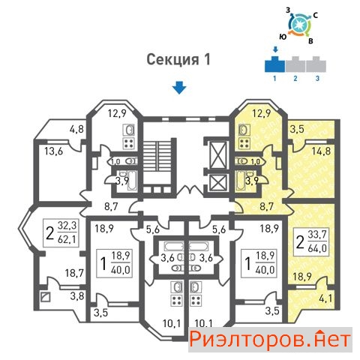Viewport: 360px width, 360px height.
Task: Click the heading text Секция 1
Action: point(178,59)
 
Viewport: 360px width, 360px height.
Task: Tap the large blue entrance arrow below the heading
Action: point(179,88)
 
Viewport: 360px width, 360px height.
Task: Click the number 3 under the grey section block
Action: point(317,78)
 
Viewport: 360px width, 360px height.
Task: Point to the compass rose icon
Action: point(300,25)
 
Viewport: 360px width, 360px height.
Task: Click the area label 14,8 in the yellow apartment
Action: point(321,151)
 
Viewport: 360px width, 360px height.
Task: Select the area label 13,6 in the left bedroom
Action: point(54,151)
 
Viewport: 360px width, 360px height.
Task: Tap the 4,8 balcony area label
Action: point(76,129)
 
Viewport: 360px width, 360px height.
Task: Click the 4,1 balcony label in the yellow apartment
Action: point(325,298)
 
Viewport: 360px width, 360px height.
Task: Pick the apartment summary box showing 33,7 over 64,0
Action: point(311,241)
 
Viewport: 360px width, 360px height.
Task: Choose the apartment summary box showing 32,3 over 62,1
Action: point(61,233)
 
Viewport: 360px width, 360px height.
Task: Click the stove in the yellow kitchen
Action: point(244,143)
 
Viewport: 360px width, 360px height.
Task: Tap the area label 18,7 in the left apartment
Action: point(74,273)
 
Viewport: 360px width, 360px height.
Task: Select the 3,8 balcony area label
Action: point(77,296)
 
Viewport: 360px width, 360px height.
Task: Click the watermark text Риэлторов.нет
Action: point(270,340)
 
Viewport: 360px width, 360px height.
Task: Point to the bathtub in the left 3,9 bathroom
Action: point(132,181)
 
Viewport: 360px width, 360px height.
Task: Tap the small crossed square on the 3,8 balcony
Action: point(46,297)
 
